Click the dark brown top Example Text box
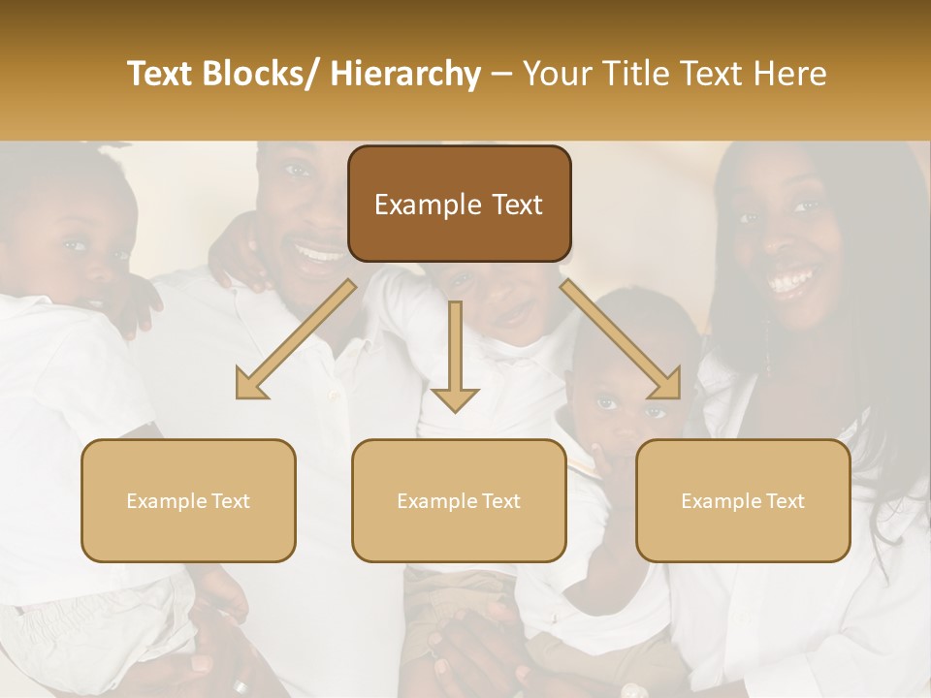coord(459,204)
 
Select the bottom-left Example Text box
coord(188,500)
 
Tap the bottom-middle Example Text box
coord(459,500)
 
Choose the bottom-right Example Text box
coord(743,500)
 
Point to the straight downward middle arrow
coord(455,359)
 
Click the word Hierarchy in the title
coord(404,74)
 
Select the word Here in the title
coord(791,74)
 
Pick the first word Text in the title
coord(160,74)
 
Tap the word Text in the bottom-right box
coord(784,500)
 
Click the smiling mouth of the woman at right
coord(791,281)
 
